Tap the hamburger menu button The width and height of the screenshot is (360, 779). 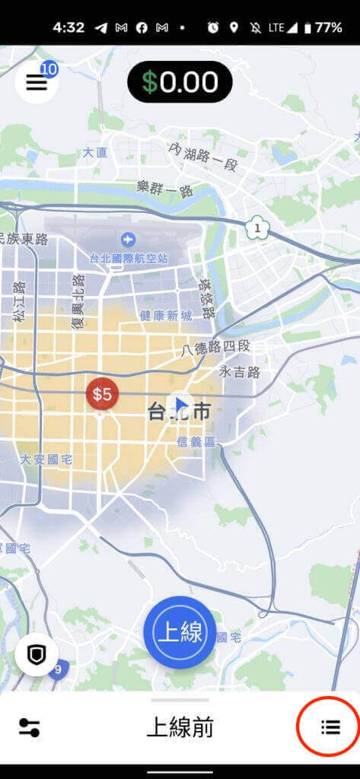click(36, 83)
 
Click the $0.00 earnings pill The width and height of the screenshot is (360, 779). click(180, 82)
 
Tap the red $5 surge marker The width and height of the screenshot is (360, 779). click(102, 394)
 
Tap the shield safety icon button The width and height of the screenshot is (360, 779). click(36, 655)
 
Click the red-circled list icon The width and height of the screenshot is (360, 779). click(330, 727)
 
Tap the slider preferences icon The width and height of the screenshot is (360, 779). click(29, 727)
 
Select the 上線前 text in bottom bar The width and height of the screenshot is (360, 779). click(180, 727)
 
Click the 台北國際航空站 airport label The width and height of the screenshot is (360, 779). click(129, 257)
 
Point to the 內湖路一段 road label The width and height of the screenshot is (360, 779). click(205, 157)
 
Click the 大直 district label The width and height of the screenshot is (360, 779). click(94, 152)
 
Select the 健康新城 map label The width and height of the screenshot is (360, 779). click(166, 315)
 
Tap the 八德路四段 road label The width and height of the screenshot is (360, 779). click(216, 348)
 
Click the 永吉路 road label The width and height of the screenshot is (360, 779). click(240, 372)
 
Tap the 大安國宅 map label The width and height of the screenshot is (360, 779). click(46, 459)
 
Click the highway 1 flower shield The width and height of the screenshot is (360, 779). click(257, 227)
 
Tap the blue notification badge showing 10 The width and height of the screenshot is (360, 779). click(49, 69)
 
